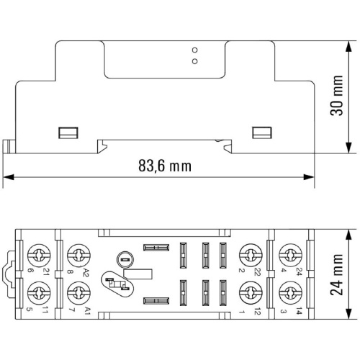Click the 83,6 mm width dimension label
(x=165, y=166)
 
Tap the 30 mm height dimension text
(x=336, y=96)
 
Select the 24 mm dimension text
(x=336, y=274)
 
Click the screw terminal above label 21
(x=39, y=256)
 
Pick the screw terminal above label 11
(x=39, y=293)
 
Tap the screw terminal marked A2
(x=78, y=256)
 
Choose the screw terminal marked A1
(x=78, y=293)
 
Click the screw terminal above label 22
(x=251, y=256)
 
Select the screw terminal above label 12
(x=251, y=293)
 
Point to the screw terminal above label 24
(x=291, y=256)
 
